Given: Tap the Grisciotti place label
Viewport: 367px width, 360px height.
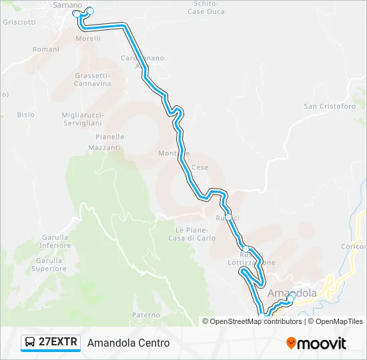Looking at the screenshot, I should pos(19,22).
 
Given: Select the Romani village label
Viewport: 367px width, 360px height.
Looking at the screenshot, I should pos(46,49).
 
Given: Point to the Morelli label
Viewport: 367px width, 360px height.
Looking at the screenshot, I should pos(88,39).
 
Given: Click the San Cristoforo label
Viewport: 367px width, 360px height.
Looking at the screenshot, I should pos(330,106).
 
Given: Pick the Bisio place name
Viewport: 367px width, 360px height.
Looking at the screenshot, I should pos(26,115).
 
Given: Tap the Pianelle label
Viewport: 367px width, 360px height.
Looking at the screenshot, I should pos(109,137).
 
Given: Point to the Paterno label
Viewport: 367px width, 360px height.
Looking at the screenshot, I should pos(146,315).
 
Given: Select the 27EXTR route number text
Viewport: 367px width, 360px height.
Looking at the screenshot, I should pos(59,343).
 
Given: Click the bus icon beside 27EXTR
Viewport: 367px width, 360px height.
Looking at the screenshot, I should pos(30,343).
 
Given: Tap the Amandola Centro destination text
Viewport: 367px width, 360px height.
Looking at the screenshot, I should pos(128,343).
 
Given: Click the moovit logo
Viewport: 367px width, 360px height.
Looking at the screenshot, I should pos(316,343).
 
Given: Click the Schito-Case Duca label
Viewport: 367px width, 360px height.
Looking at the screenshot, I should pos(206,7).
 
